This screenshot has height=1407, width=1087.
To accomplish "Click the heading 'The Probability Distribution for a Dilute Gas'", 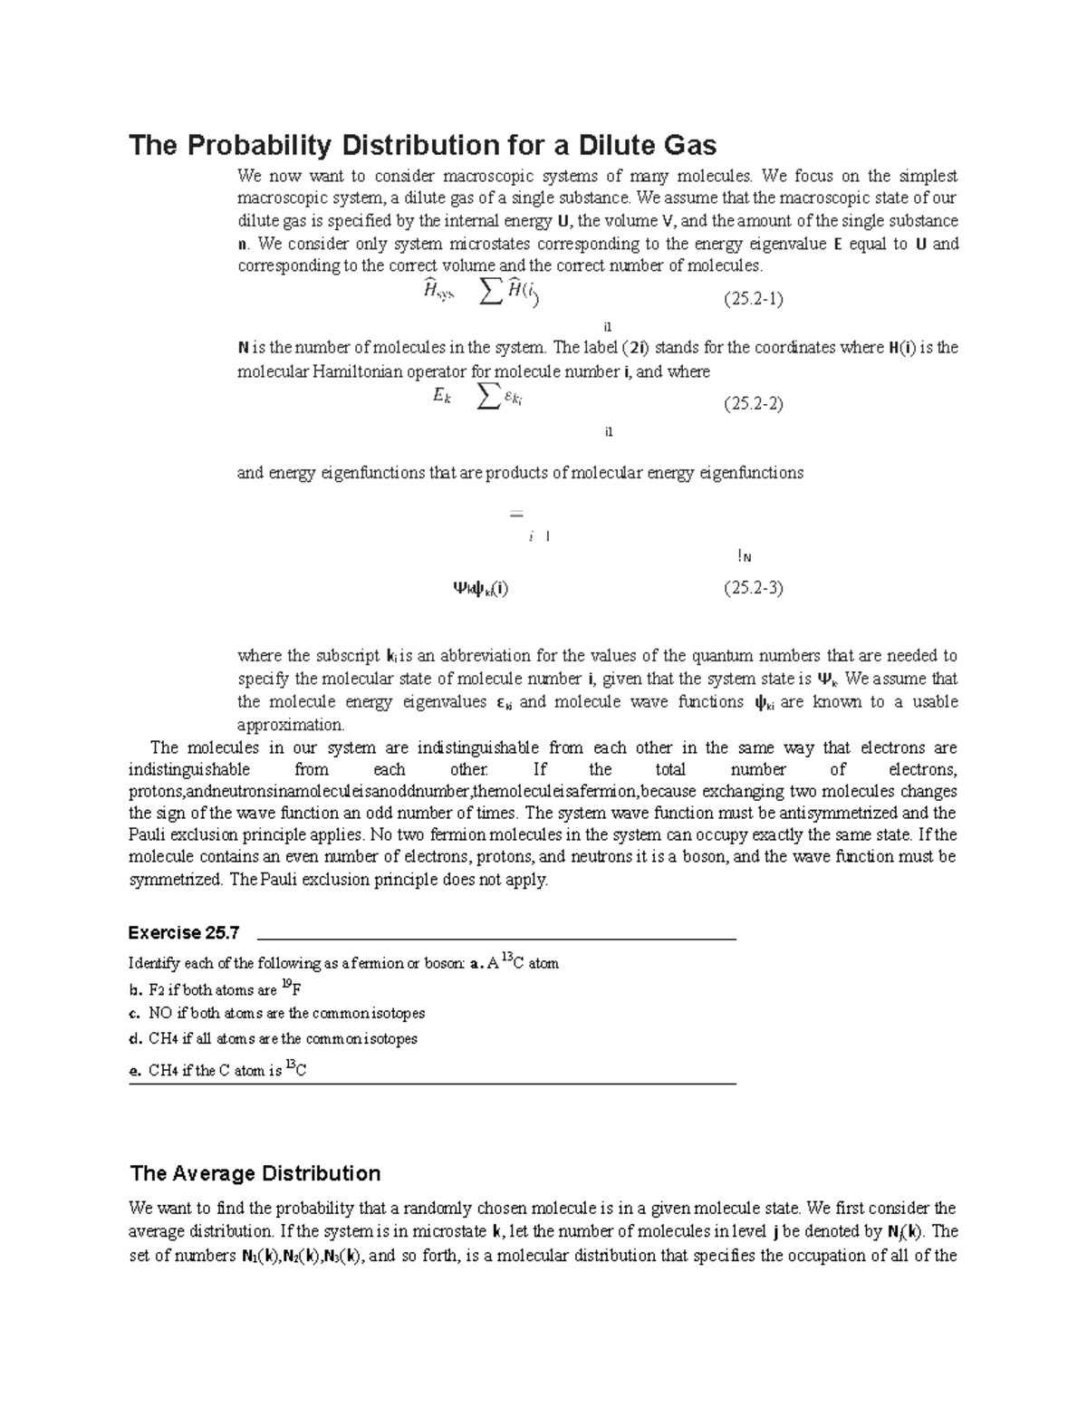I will tap(422, 145).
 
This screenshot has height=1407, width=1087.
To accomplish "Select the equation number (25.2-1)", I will tap(752, 299).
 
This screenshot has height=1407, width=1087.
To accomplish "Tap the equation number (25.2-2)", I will tap(752, 404).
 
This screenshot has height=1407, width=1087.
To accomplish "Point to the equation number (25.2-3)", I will tap(752, 588).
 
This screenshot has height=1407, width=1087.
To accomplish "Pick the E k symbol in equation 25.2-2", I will tap(442, 396).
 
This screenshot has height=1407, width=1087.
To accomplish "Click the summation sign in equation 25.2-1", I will tap(490, 291).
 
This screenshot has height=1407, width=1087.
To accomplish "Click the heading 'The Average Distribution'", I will tap(255, 1173).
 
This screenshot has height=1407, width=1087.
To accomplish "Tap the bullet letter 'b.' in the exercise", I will tap(136, 990).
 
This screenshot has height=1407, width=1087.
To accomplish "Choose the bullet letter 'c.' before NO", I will tap(136, 1014).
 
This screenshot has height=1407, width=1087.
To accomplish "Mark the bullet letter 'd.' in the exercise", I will tap(136, 1039).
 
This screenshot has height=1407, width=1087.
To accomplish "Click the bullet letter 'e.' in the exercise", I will tap(136, 1071).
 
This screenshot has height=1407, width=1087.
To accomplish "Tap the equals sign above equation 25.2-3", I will tap(516, 515).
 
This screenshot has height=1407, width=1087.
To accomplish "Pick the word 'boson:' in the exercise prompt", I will tap(444, 963).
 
